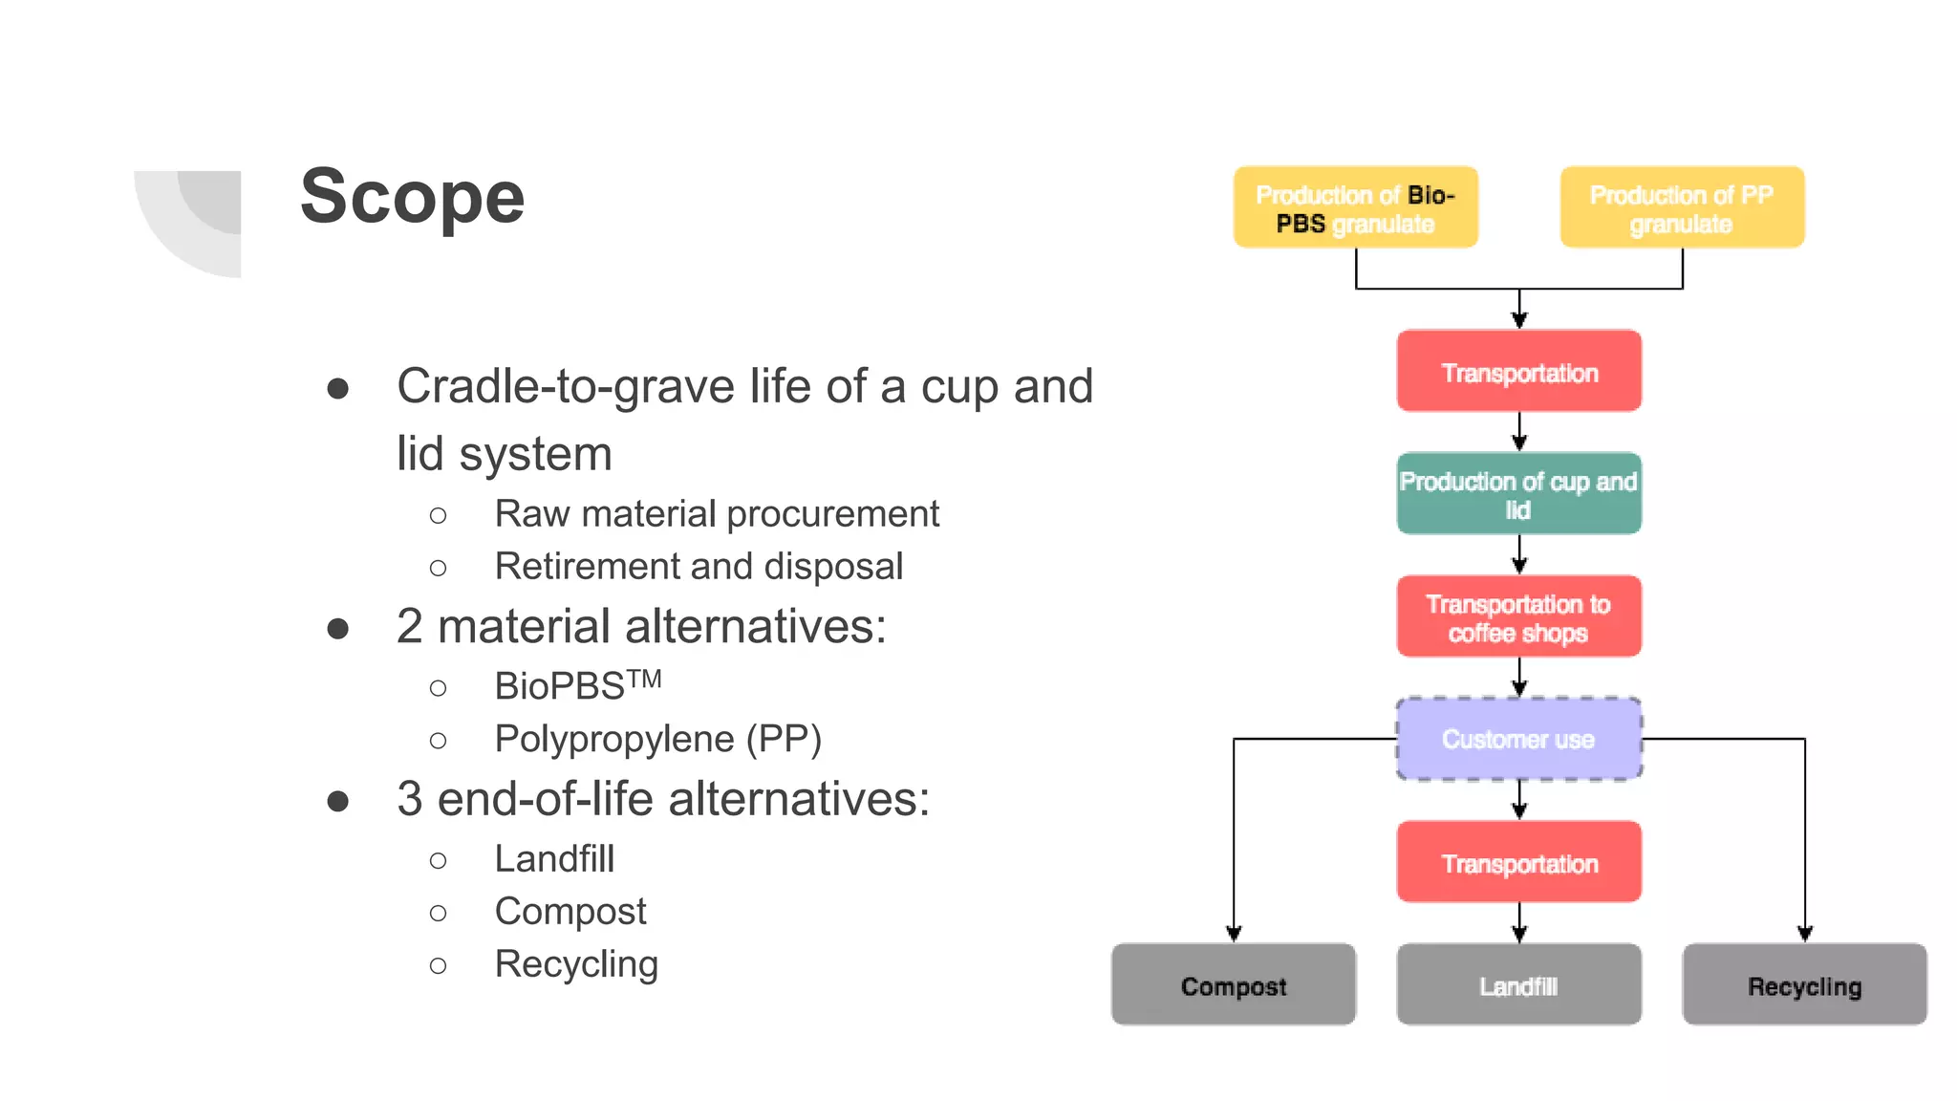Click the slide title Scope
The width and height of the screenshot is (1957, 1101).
(x=412, y=197)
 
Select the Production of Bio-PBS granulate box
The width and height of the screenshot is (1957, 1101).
(x=1355, y=208)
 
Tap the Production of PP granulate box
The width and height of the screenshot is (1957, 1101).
(x=1682, y=208)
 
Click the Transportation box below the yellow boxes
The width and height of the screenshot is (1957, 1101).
(x=1518, y=372)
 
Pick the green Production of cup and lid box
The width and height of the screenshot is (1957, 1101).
(x=1518, y=494)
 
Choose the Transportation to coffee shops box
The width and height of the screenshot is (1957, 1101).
(x=1518, y=617)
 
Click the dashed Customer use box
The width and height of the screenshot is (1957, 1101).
(x=1518, y=739)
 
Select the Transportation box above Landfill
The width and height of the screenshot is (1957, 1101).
(x=1518, y=863)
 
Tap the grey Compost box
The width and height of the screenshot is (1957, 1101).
(x=1233, y=985)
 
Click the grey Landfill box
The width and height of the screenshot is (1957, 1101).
(x=1518, y=985)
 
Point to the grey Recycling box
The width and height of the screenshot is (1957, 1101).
(x=1804, y=985)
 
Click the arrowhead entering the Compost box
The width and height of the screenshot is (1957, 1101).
(x=1234, y=934)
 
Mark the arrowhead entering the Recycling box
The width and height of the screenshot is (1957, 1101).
(x=1805, y=934)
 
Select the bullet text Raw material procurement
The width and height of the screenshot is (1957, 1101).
(x=717, y=514)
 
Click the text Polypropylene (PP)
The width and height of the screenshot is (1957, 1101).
(x=657, y=739)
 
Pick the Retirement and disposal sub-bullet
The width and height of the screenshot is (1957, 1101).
(x=699, y=567)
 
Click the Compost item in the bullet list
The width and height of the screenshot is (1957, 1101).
(x=570, y=912)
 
